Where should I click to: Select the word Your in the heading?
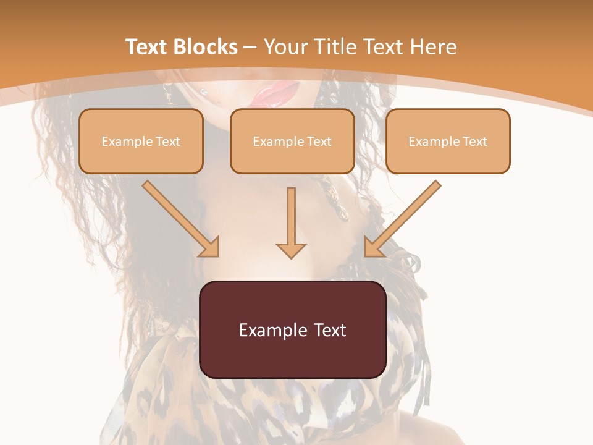[286, 47]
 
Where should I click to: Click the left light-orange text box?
[141, 141]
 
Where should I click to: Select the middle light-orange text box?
[292, 141]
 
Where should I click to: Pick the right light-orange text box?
[448, 141]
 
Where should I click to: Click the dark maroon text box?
[292, 329]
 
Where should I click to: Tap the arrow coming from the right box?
[403, 218]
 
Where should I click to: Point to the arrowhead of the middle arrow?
[291, 250]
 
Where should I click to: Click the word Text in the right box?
[474, 142]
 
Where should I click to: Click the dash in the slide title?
[250, 47]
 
